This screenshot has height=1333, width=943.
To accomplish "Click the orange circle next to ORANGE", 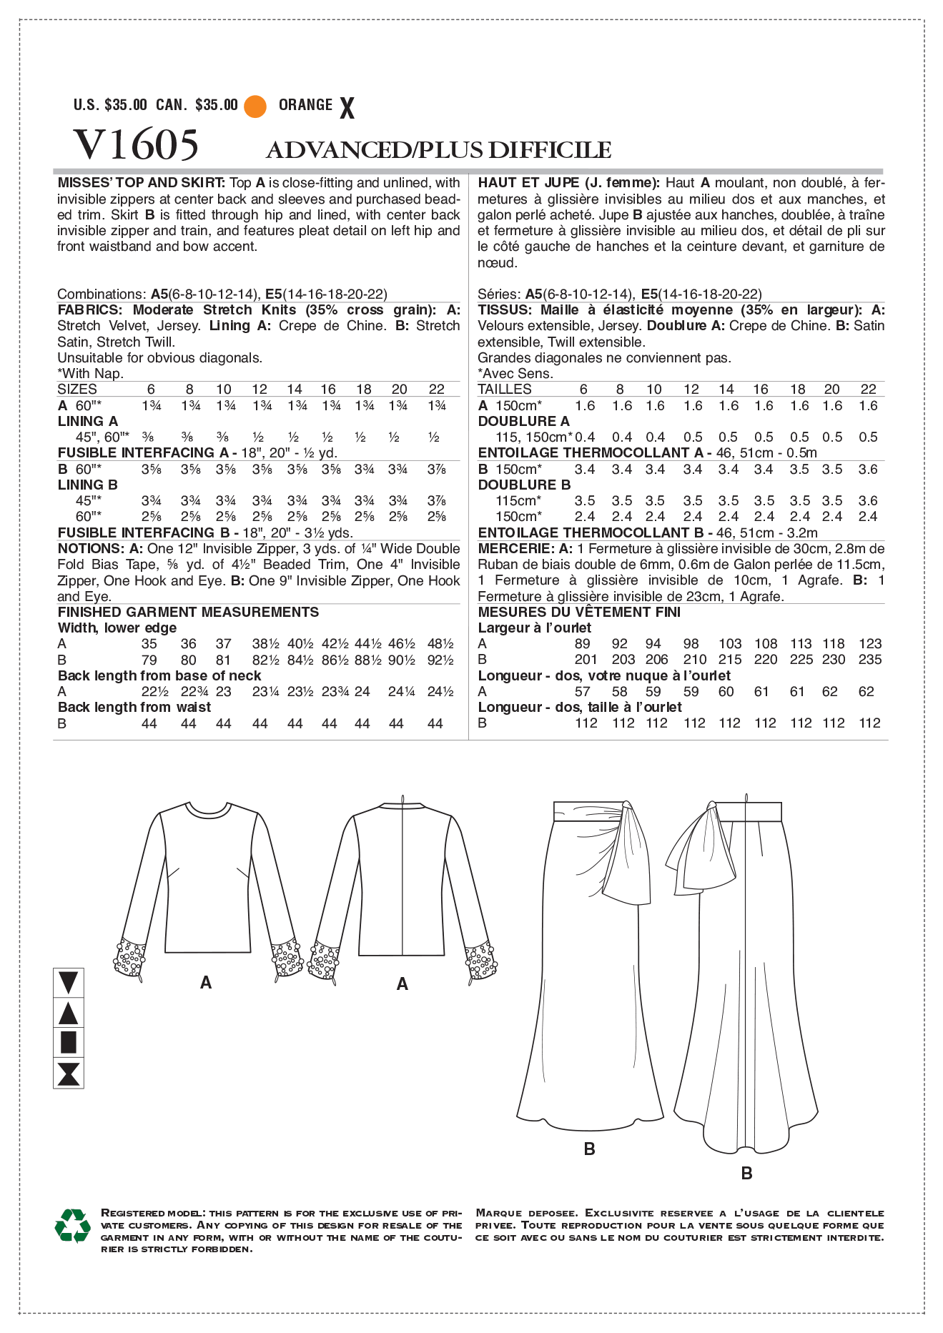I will tap(255, 106).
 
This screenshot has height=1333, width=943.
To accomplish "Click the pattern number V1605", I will tap(136, 145).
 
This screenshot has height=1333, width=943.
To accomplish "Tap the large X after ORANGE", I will tap(347, 108).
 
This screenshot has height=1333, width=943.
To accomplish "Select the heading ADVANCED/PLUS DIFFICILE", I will tap(438, 150).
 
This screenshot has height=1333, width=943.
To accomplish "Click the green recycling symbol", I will tap(72, 1226).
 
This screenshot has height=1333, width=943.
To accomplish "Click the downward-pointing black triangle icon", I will tap(69, 982).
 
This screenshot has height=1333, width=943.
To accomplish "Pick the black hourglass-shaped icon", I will tap(69, 1074).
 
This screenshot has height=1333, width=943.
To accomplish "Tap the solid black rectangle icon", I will tap(69, 1042).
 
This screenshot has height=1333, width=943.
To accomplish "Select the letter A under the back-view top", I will tap(402, 985).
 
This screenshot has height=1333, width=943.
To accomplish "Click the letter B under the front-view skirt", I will tap(589, 1149).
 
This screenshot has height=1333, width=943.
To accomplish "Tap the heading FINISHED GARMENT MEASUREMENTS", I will tap(188, 613).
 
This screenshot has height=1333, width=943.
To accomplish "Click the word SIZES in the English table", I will tap(77, 390).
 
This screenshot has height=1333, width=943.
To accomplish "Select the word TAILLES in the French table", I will tap(505, 390).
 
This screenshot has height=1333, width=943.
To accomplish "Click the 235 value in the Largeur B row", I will tap(869, 660).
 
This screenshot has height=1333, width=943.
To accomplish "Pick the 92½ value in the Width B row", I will tap(440, 660).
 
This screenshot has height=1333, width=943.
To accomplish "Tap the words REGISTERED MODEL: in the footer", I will tap(153, 1213).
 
